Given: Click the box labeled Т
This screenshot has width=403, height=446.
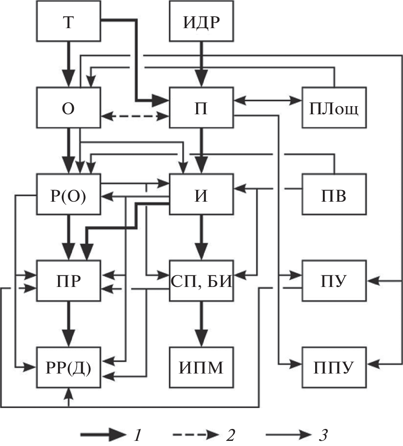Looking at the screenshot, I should point(69,22).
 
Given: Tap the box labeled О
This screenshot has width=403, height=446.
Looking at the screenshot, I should point(69,108).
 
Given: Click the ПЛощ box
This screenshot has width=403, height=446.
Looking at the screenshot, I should point(334,108).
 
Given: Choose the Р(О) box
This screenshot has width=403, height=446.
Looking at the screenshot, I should point(69,194).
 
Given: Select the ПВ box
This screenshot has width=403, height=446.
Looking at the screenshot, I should point(334,194).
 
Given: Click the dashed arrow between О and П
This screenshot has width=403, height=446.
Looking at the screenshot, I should point(135,116).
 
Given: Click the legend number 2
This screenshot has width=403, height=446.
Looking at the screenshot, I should point(230,435).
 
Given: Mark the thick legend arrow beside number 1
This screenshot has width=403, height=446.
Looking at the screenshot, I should point(102,435).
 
